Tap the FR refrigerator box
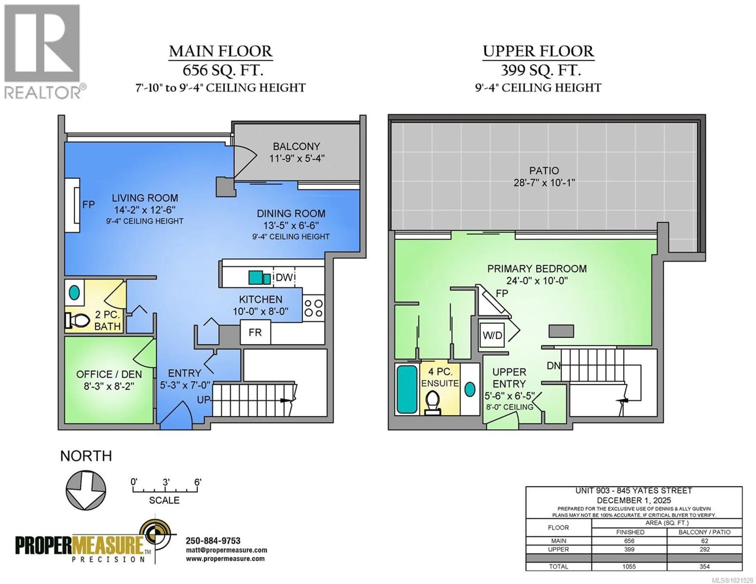(x=255, y=332)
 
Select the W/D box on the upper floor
(x=492, y=335)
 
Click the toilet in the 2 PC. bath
(x=76, y=321)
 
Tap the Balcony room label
(x=296, y=146)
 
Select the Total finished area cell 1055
(x=629, y=566)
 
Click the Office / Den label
(x=109, y=374)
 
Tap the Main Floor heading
(x=220, y=52)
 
